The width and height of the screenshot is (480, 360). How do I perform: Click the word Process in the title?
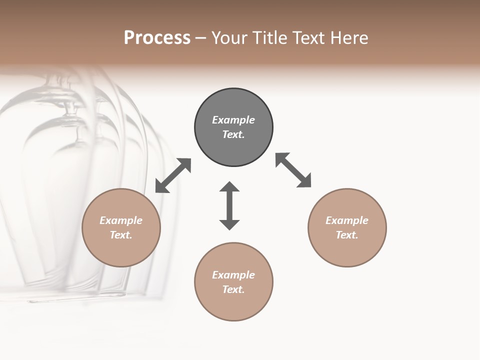pos(157,38)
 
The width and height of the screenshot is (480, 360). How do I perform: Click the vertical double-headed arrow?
pos(229,206)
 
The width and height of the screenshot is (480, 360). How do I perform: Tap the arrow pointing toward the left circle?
pos(173,175)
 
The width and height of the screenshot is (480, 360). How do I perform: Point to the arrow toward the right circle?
pos(293,170)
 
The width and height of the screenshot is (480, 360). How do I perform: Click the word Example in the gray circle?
pos(233,120)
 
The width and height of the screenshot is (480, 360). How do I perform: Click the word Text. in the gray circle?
pos(233,134)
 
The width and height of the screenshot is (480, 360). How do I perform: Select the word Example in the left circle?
pos(121,220)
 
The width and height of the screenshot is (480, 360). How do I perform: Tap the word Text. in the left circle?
pos(121,235)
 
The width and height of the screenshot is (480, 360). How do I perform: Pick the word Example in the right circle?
pos(347,220)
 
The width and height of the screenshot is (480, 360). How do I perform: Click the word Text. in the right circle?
pos(347,235)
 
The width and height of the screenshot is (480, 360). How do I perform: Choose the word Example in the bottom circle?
pos(233,275)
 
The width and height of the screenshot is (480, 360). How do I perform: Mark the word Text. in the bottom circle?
pos(233,289)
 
